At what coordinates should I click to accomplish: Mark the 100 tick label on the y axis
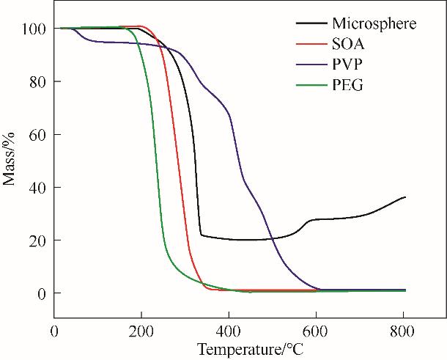34,29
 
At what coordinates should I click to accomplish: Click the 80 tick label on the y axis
38,81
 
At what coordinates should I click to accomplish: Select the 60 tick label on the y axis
38,135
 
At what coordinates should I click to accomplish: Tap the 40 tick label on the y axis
38,188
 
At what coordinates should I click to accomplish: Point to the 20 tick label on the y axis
38,240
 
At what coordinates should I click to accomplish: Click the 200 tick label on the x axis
141,331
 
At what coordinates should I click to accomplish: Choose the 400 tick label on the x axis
229,331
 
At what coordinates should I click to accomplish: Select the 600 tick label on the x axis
316,331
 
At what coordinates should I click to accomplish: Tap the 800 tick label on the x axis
403,331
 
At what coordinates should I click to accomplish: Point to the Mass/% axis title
10,159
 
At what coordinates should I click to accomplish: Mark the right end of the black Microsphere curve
405,196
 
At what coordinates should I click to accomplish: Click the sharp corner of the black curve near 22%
201,235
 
